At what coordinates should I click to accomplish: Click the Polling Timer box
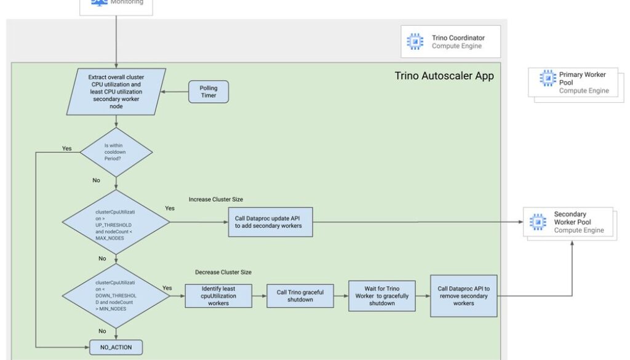click(209, 92)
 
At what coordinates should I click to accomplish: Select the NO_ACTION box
click(116, 346)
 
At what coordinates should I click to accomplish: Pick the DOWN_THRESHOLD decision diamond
click(116, 295)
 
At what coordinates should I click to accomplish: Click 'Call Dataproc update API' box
click(273, 222)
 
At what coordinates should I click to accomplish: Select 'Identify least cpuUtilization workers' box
click(218, 295)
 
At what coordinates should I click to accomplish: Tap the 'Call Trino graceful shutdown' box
click(300, 295)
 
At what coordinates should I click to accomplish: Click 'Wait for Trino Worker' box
click(382, 295)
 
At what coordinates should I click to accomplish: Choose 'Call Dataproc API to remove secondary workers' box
click(464, 295)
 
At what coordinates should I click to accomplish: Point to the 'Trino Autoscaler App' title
click(444, 76)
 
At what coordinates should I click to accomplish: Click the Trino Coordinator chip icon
click(415, 41)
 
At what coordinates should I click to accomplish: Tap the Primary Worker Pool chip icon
click(547, 79)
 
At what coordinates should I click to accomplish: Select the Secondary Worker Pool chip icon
click(537, 222)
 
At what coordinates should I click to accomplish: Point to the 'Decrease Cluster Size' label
click(223, 272)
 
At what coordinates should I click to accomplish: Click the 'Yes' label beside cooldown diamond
click(67, 148)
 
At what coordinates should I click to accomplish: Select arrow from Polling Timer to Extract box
click(178, 92)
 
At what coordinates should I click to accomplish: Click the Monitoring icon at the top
click(99, 2)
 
